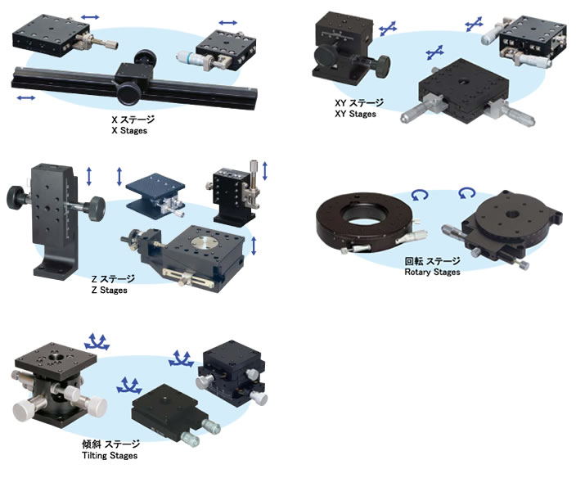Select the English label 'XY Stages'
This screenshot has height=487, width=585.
355,114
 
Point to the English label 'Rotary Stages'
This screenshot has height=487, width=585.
432,272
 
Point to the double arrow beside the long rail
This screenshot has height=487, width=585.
25,97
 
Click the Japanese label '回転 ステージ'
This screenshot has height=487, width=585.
432,261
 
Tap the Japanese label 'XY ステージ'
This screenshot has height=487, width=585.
358,103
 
